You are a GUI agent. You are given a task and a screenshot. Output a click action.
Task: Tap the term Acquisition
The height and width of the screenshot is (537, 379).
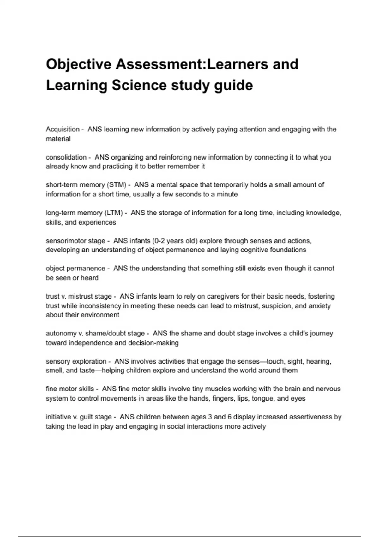pos(63,129)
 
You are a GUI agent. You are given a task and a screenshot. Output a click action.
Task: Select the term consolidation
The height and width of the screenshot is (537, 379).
pos(66,157)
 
